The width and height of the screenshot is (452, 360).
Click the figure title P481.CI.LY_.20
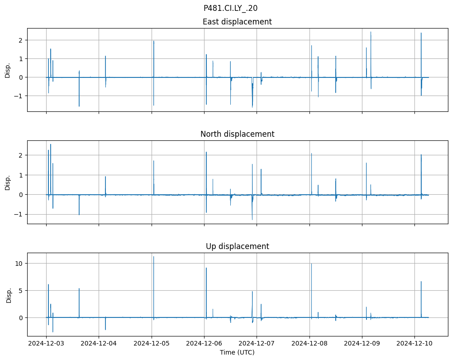click(230, 8)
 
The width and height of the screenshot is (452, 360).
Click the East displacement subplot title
click(237, 22)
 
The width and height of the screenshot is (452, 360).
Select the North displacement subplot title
click(237, 134)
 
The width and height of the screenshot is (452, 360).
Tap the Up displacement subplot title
click(237, 246)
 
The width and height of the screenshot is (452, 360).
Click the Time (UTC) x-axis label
click(237, 352)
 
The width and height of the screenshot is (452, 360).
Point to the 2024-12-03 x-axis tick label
click(46, 344)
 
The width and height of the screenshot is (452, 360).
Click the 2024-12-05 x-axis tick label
click(152, 344)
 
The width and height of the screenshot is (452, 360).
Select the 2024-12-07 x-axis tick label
click(257, 344)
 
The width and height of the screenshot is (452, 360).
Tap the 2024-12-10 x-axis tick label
click(414, 344)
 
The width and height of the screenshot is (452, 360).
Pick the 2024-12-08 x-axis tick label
click(309, 344)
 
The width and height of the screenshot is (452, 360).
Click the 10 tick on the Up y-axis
click(19, 264)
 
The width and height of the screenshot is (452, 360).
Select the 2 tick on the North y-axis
click(21, 155)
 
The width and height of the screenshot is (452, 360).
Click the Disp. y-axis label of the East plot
click(8, 70)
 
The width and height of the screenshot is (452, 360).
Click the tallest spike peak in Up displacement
click(154, 257)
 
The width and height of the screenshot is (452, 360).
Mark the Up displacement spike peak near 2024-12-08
click(311, 264)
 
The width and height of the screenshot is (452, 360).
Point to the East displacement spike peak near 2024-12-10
click(421, 33)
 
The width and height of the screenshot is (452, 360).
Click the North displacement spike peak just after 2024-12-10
click(421, 155)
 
